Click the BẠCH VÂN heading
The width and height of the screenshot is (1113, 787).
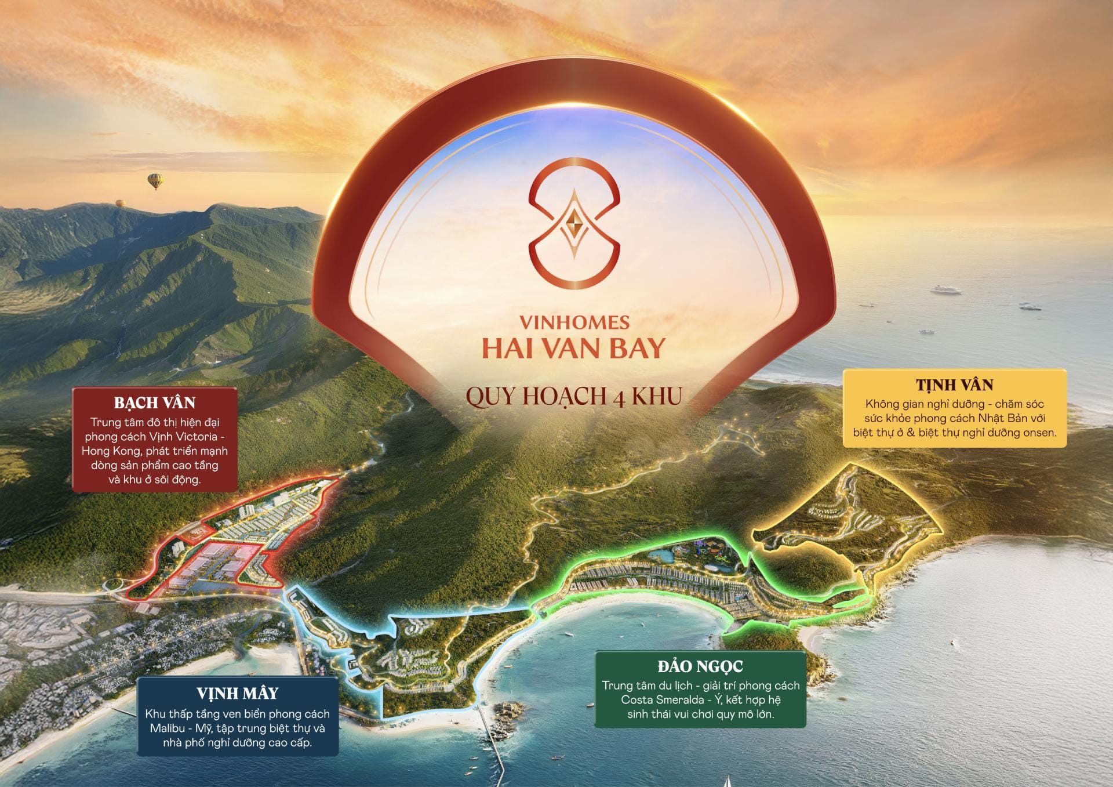pyautogui.click(x=155, y=402)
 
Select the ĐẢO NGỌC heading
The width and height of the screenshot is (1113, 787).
pyautogui.click(x=700, y=666)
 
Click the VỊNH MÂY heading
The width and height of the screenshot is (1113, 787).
pyautogui.click(x=237, y=693)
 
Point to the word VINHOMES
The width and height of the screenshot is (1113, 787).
pyautogui.click(x=574, y=322)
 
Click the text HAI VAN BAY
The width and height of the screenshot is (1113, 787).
pyautogui.click(x=574, y=349)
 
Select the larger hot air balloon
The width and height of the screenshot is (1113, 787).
pyautogui.click(x=155, y=181)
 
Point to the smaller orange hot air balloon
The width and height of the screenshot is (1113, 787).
pyautogui.click(x=120, y=204)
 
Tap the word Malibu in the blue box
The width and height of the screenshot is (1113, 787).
pyautogui.click(x=167, y=728)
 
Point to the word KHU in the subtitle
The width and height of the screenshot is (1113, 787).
pyautogui.click(x=657, y=397)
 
